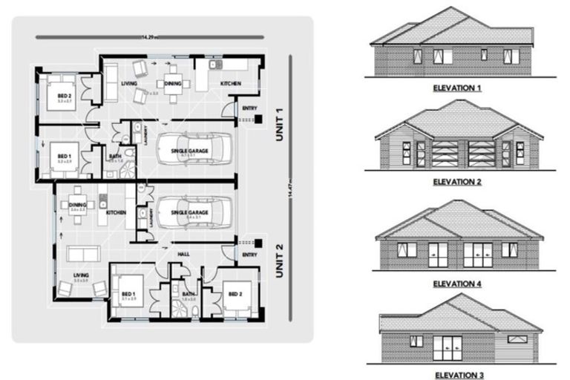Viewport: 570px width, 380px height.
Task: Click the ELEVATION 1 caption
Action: [457, 88]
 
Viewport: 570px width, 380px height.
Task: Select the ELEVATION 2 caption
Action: [457, 180]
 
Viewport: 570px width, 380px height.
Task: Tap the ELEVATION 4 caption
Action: [457, 283]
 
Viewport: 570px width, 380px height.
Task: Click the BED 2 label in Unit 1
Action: [65, 95]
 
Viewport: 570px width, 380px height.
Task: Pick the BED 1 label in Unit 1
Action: [65, 157]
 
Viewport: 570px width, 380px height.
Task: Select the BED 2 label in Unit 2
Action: [236, 295]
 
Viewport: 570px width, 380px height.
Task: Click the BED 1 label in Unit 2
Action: [128, 295]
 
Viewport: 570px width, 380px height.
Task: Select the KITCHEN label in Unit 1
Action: [230, 83]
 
